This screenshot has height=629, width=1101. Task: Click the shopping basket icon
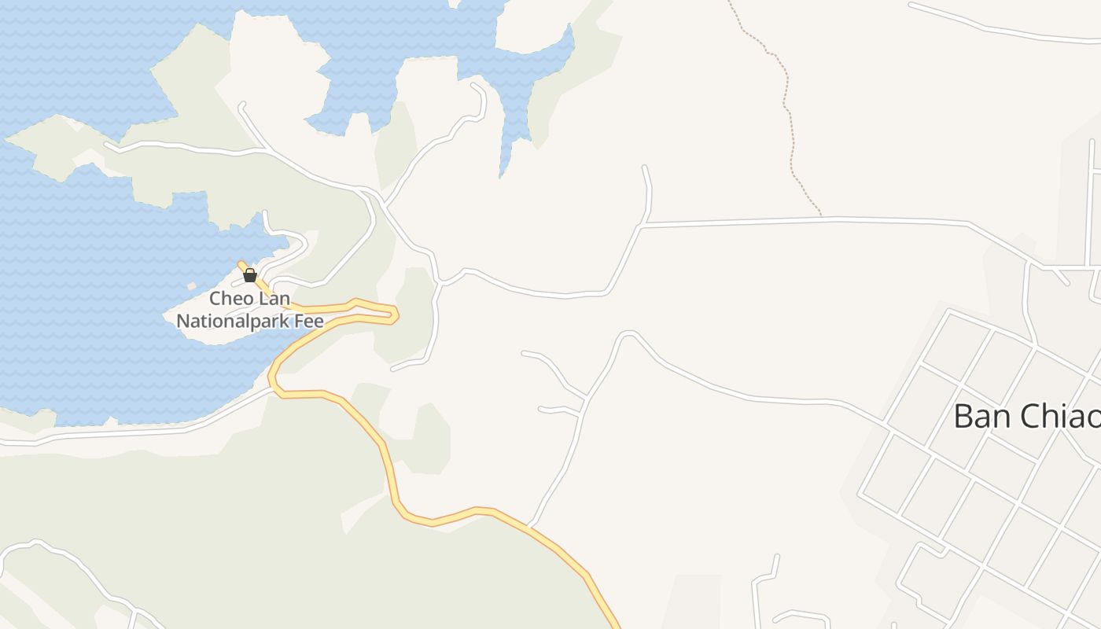click(x=250, y=275)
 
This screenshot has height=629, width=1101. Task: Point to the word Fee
click(x=309, y=321)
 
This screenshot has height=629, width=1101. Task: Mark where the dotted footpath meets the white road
click(x=822, y=218)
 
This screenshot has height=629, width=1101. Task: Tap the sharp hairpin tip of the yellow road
click(x=397, y=314)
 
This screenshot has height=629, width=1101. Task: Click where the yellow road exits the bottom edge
click(x=617, y=626)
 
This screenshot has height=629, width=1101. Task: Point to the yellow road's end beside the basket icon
click(x=241, y=263)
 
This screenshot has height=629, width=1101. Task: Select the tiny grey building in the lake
click(x=192, y=286)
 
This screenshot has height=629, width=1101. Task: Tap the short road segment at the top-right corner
click(x=999, y=30)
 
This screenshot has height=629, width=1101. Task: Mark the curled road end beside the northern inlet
click(x=477, y=86)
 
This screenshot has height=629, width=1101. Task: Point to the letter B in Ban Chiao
click(x=963, y=417)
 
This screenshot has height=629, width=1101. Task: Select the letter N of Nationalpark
click(x=182, y=321)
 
